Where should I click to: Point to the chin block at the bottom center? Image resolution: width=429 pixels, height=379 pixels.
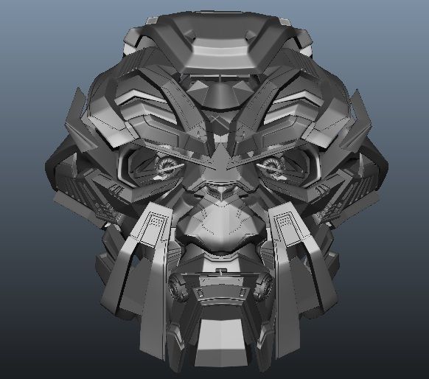coord(219,335)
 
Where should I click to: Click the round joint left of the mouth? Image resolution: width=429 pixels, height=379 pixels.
coord(177,284)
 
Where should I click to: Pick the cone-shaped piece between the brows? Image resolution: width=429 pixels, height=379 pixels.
coord(219,96)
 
